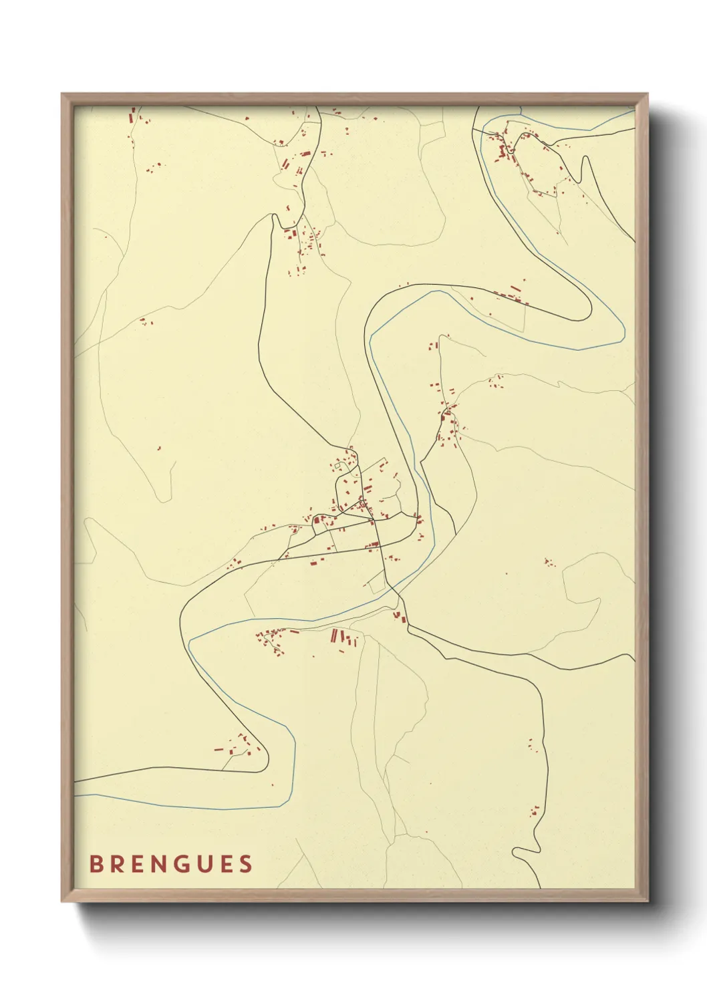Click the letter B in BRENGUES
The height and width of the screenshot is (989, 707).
(96, 864)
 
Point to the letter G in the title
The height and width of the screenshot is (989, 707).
(182, 864)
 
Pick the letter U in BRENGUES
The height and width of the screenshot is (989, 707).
(204, 864)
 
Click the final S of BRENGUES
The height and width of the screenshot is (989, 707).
(247, 864)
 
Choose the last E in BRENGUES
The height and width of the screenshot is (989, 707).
(226, 864)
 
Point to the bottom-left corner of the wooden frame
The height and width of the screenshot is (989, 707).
(62, 901)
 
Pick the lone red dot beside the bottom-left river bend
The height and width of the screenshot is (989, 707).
(272, 785)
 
